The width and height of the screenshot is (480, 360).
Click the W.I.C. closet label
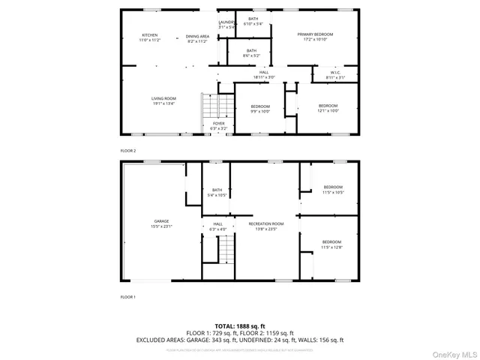335,75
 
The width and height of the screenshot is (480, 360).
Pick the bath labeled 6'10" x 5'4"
253,21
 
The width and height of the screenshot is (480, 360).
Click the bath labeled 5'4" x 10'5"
217,192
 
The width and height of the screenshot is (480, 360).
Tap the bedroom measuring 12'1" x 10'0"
328,108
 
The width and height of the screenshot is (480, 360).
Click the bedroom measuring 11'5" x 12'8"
333,244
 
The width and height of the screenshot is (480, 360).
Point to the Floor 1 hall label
217,226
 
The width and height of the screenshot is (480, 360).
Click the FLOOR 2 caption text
128,151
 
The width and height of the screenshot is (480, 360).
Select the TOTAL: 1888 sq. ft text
240,326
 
